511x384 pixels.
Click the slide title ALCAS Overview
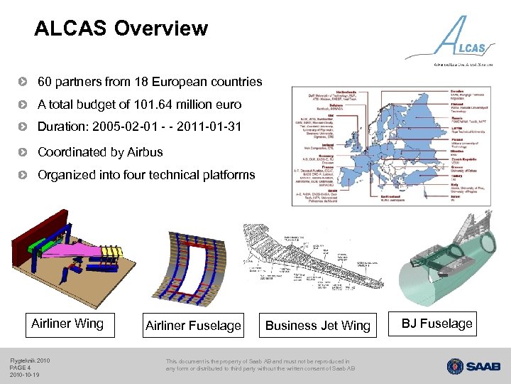[x=121, y=28]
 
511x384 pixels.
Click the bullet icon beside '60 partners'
[x=26, y=82]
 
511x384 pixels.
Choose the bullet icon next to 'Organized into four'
[x=26, y=175]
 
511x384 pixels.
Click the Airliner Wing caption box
[x=67, y=324]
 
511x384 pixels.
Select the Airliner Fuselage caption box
[x=193, y=326]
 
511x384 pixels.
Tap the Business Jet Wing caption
[x=317, y=326]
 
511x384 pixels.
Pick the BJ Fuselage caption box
[x=436, y=324]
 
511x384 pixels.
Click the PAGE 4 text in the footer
[x=20, y=367]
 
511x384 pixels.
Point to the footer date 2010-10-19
[x=24, y=375]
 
